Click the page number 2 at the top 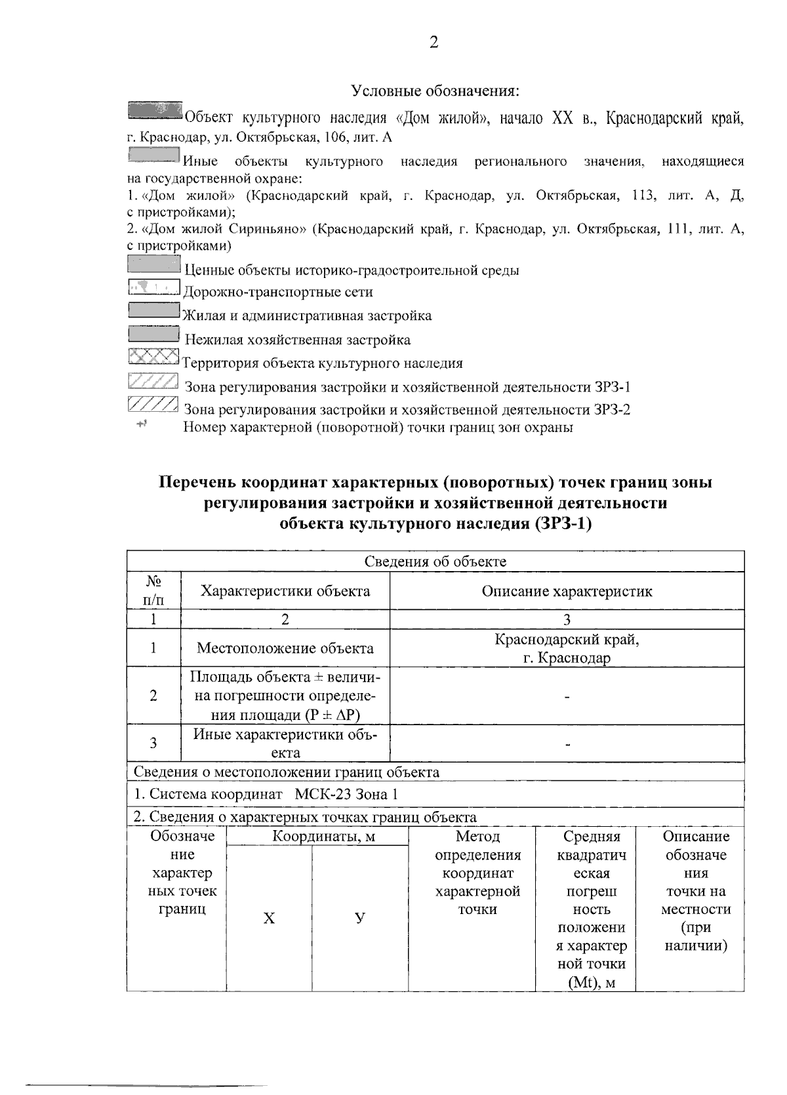pos(434,43)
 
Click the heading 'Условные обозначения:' pos(435,90)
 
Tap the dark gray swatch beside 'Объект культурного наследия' pos(155,111)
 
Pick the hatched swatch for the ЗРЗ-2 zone pos(153,405)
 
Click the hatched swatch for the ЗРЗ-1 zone pos(153,382)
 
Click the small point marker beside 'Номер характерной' pos(141,425)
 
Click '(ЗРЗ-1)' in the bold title pos(563,523)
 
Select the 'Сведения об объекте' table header pos(435,561)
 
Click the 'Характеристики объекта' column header pos(285,591)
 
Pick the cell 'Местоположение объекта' pos(285,648)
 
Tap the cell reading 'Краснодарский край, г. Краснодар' pos(567,648)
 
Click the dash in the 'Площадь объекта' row pos(567,696)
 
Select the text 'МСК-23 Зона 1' pos(346,794)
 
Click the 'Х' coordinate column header pos(269,919)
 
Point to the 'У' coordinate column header pos(359,919)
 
